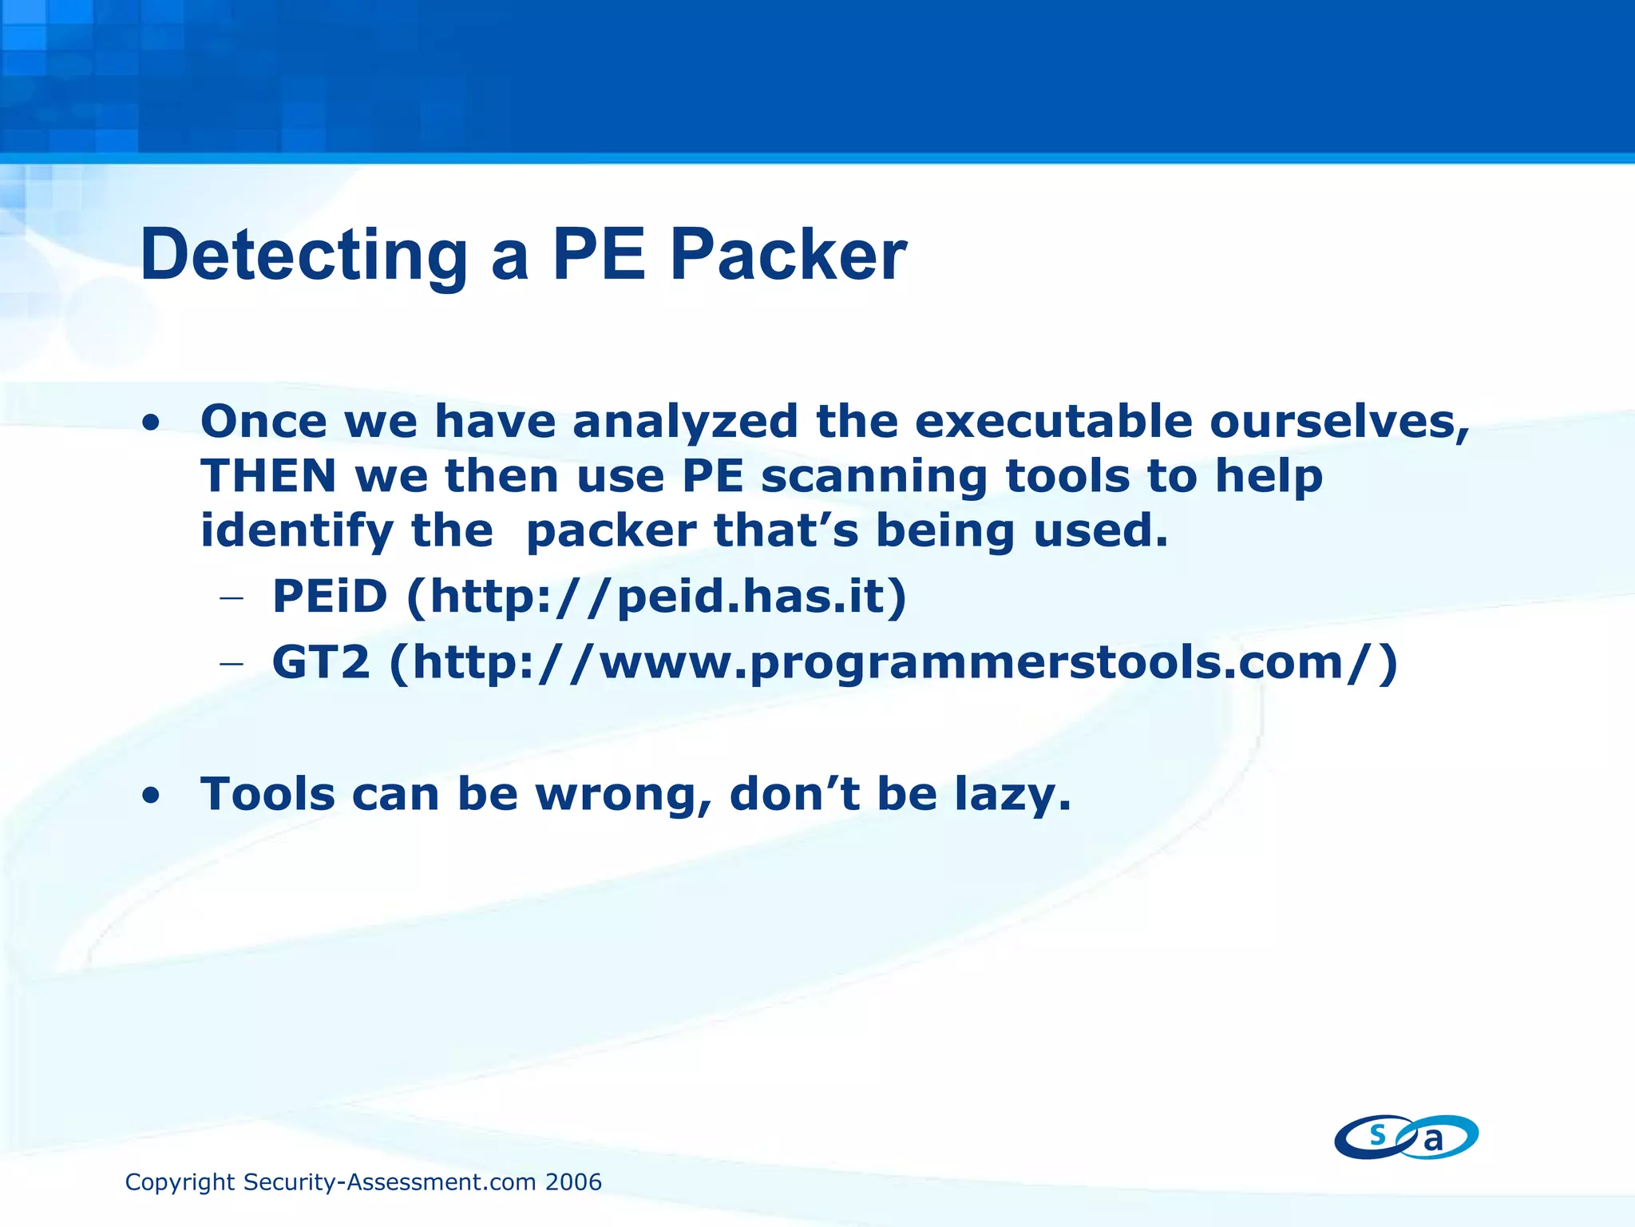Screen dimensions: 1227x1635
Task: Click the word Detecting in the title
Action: [303, 256]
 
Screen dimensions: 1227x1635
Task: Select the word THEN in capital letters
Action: [268, 477]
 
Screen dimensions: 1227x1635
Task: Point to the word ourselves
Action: [1339, 422]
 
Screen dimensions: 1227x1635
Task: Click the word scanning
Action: [873, 477]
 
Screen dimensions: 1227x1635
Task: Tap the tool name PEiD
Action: [330, 597]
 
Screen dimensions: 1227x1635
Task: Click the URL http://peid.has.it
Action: [656, 597]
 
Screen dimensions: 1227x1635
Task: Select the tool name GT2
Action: [321, 663]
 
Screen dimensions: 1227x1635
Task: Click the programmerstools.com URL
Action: [893, 663]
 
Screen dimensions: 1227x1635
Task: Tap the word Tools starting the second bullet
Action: [267, 795]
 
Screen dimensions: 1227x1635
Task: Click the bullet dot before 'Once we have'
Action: [150, 423]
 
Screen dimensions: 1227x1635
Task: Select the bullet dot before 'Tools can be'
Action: [150, 796]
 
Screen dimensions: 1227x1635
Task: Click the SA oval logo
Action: [1406, 1137]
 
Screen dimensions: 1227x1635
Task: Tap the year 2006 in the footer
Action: [573, 1182]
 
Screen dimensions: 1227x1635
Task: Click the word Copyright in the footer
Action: [180, 1182]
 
